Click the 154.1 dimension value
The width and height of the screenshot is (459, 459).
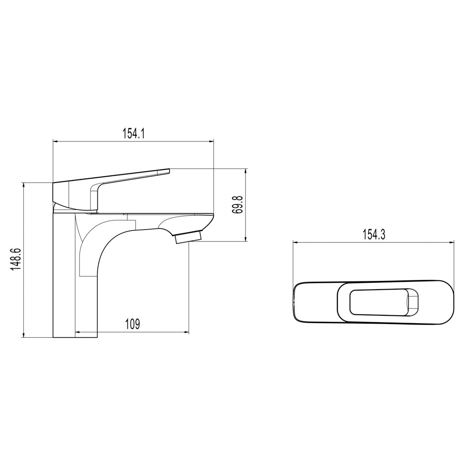pyautogui.click(x=134, y=134)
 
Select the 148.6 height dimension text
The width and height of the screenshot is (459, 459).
pyautogui.click(x=17, y=259)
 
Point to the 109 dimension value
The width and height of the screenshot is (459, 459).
pyautogui.click(x=133, y=324)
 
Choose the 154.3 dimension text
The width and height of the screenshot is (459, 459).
pyautogui.click(x=374, y=235)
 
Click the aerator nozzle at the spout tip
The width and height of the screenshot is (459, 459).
pyautogui.click(x=189, y=237)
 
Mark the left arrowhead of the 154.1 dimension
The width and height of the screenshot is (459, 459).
pyautogui.click(x=55, y=142)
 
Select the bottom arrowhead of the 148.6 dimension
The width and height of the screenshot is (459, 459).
pyautogui.click(x=23, y=335)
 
